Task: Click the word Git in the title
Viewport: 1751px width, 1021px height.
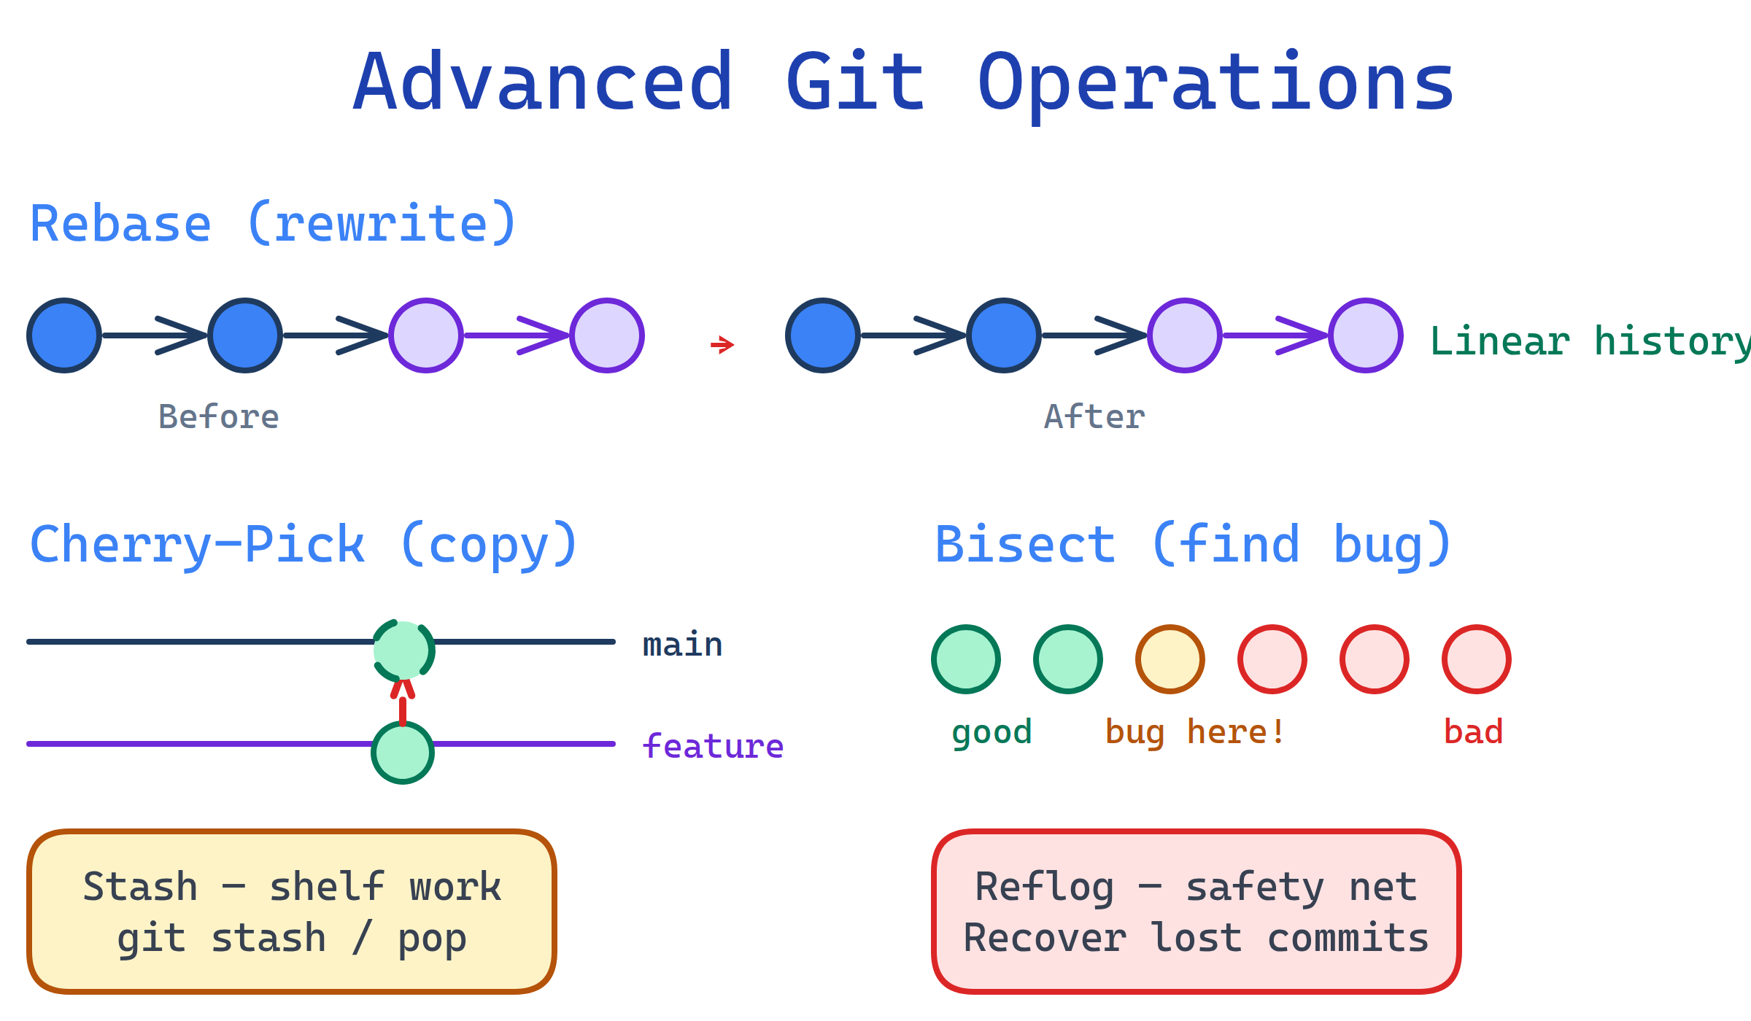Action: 855,82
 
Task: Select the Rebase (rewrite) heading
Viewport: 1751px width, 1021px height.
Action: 273,224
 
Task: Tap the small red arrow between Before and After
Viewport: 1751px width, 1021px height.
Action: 722,344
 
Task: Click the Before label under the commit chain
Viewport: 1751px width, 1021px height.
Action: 218,417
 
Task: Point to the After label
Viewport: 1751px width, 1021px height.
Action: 1094,417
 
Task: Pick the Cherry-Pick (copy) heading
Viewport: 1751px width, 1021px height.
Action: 304,545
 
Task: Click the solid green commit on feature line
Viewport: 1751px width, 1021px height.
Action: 403,753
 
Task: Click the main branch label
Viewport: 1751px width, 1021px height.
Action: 682,645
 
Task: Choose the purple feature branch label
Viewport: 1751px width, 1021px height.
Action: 713,746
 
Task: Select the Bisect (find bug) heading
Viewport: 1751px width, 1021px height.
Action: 1193,545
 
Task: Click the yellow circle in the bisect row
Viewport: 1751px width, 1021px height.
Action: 1170,659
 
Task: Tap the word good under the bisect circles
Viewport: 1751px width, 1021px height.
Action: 992,732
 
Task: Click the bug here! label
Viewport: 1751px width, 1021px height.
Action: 1195,732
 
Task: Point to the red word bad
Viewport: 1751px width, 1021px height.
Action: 1473,732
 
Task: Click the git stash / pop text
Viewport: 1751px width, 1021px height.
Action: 292,938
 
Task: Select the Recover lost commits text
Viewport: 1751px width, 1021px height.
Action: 1196,938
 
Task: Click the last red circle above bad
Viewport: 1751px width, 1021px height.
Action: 1477,659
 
